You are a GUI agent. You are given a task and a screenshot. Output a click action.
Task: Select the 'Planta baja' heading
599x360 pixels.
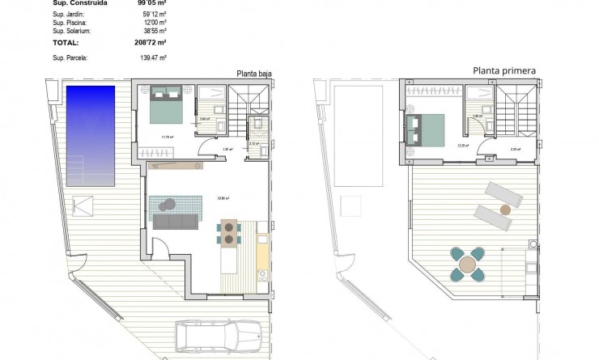pos(253,73)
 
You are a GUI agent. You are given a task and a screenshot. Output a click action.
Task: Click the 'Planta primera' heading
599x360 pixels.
pos(503,71)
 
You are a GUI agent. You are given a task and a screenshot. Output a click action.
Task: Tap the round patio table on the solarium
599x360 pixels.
pos(469,265)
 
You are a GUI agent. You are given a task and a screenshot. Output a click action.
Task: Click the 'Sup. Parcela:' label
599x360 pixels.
pos(71,58)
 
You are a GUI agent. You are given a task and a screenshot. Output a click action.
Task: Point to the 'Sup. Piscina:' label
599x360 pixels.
pos(71,22)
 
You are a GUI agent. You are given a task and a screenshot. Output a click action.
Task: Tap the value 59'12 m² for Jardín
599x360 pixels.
pos(154,14)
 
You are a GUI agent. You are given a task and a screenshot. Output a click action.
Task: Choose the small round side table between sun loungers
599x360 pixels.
pos(506,208)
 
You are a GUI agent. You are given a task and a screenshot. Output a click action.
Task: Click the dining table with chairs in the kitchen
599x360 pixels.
pos(229,233)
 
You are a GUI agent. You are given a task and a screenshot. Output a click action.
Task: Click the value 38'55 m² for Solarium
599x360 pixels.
pos(154,30)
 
